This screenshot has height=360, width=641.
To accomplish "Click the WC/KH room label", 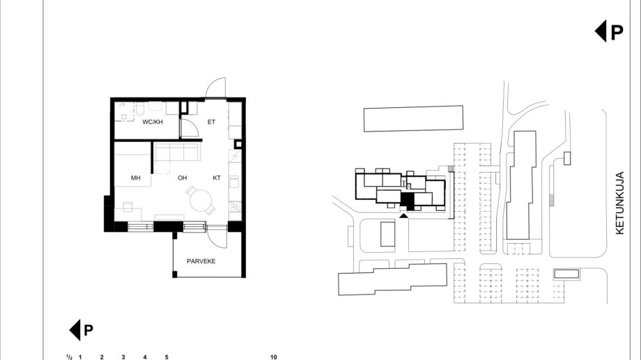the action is coord(153,122).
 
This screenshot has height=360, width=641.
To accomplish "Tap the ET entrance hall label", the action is coord(211,122).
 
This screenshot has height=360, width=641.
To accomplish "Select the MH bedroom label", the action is coord(136,178).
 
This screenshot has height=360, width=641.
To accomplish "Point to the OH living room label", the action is coord(183,178).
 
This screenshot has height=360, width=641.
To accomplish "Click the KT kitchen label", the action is coord(217,178).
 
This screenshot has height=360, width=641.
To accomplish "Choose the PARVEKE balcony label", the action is coord(201,261).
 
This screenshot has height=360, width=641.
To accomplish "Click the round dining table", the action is coord(201,201).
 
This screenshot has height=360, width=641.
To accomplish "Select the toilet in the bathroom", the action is coord(140,109).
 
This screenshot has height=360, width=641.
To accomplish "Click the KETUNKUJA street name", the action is coord(619,203).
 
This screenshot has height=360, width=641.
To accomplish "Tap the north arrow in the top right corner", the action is coord(609,31).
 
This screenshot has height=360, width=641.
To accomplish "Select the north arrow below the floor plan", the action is coord(82,330).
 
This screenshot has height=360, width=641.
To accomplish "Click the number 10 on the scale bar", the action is coord(274,357).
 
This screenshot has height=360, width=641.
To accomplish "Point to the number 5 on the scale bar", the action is coord(167,357).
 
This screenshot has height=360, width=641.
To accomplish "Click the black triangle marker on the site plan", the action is coord(403,215).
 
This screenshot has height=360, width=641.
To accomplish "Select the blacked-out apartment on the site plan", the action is coord(408,201).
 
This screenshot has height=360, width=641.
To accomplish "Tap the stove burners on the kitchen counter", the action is coord(235,206).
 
